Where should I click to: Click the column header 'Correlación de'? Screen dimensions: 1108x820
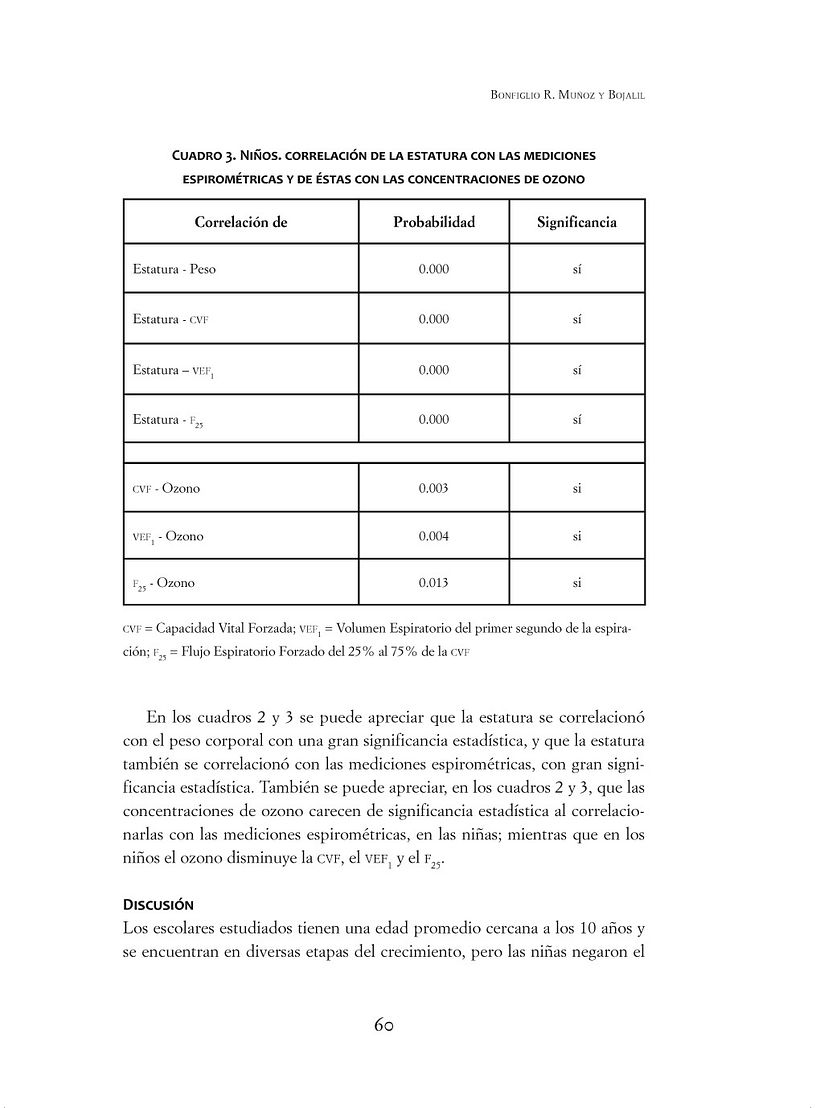240,222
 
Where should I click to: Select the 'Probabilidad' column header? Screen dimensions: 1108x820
434,222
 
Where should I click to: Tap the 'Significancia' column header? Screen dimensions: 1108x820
577,222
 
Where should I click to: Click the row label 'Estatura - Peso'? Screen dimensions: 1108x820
174,270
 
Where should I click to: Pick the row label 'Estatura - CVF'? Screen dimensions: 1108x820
171,320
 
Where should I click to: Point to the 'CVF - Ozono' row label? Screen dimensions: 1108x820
166,489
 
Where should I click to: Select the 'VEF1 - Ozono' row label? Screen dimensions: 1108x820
168,537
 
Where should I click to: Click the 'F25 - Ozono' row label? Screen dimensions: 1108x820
164,583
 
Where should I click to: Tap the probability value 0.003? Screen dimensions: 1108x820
434,489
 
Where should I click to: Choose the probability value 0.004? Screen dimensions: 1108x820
434,537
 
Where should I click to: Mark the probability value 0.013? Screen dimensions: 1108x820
434,583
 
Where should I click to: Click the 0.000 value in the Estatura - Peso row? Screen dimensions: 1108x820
434,270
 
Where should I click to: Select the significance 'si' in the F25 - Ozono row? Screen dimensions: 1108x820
577,583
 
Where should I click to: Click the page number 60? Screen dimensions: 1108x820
386,1025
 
